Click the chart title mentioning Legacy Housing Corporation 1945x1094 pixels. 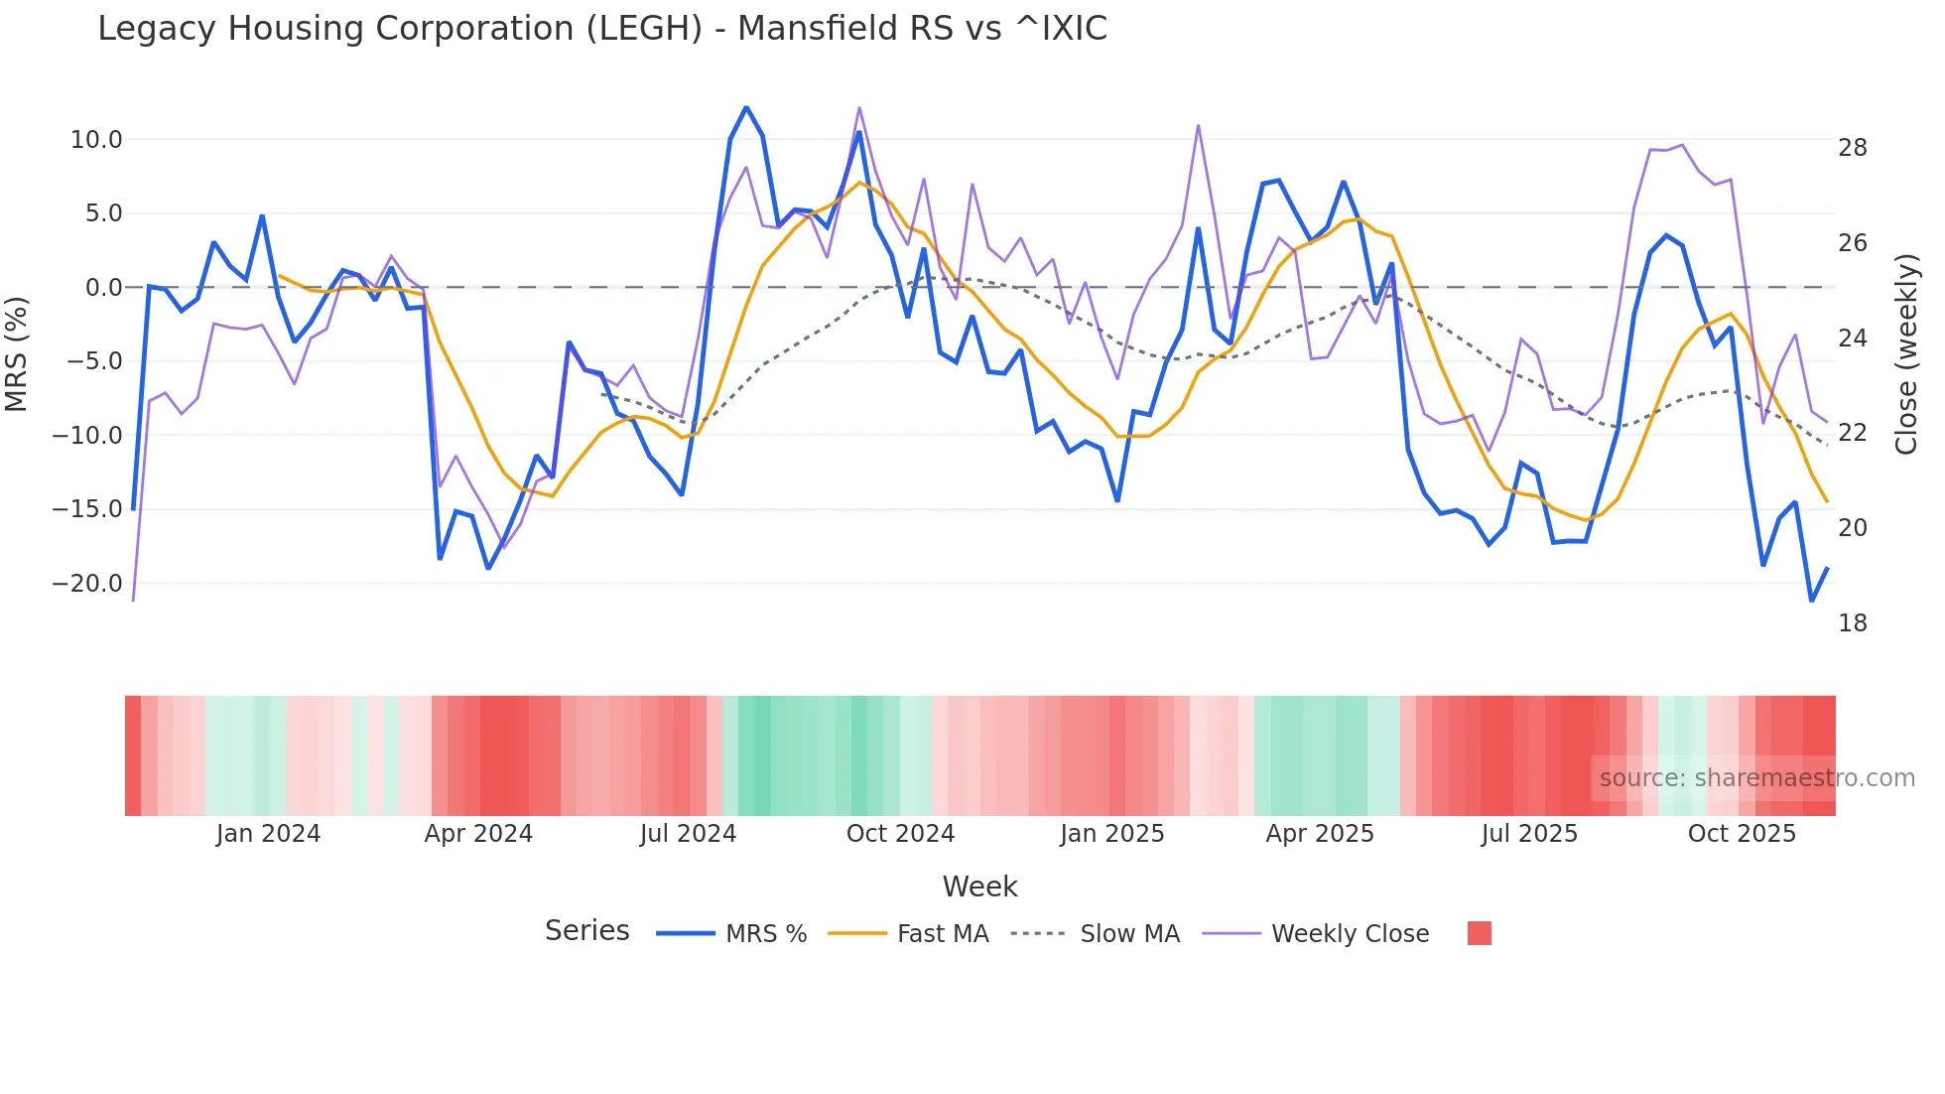pos(601,29)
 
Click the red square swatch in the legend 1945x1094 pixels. pos(1479,933)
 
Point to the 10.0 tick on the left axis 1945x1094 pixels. pos(96,140)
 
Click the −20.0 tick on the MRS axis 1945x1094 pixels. pos(87,584)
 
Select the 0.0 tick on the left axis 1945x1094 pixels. pos(103,288)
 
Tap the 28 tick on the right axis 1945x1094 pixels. pos(1852,148)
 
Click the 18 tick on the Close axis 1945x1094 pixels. pos(1852,623)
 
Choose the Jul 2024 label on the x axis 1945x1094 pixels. pos(688,834)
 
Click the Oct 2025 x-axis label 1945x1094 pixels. pos(1742,834)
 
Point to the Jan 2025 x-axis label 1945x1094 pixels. pos(1111,834)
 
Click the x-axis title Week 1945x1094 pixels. pos(979,887)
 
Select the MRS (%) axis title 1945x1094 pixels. pos(17,354)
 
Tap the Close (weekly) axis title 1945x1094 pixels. pos(1905,354)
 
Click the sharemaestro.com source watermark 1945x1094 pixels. pos(1756,778)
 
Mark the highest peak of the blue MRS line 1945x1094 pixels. pos(746,107)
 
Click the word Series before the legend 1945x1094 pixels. pos(586,931)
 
